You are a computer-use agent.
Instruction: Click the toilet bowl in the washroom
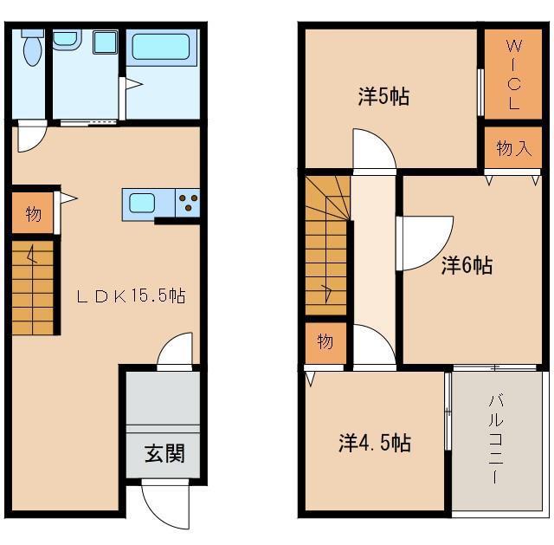pyautogui.click(x=32, y=51)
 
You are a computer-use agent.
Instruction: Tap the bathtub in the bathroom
pyautogui.click(x=161, y=47)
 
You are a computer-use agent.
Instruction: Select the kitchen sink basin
pyautogui.click(x=142, y=204)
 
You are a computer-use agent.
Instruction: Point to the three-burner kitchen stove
pyautogui.click(x=188, y=204)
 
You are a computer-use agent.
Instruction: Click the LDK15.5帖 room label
pyautogui.click(x=131, y=295)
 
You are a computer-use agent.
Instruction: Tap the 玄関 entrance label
pyautogui.click(x=164, y=453)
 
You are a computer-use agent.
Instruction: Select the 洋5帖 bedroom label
pyautogui.click(x=384, y=96)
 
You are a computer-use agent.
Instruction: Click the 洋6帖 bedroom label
pyautogui.click(x=467, y=265)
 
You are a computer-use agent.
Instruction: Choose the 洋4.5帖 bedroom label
pyautogui.click(x=375, y=443)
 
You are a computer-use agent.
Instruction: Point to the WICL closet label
pyautogui.click(x=513, y=75)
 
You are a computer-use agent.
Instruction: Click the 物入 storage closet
pyautogui.click(x=513, y=147)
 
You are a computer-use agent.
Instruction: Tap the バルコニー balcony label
pyautogui.click(x=496, y=439)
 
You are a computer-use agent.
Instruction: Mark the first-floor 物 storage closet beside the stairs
pyautogui.click(x=33, y=213)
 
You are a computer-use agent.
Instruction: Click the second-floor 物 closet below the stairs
pyautogui.click(x=325, y=342)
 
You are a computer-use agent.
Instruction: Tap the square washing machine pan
pyautogui.click(x=105, y=42)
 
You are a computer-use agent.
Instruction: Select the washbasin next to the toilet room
pyautogui.click(x=67, y=39)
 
